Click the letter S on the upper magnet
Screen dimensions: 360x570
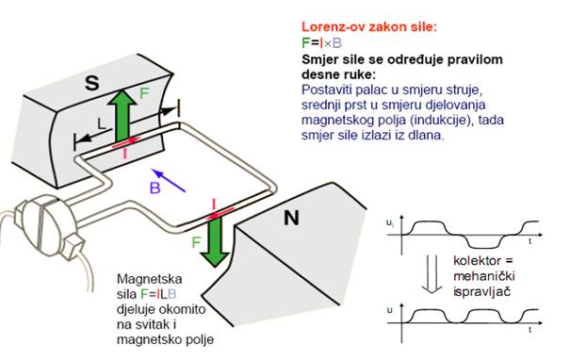point(91,83)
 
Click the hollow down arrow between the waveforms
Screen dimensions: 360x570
point(426,270)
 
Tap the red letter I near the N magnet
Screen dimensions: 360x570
point(216,203)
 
